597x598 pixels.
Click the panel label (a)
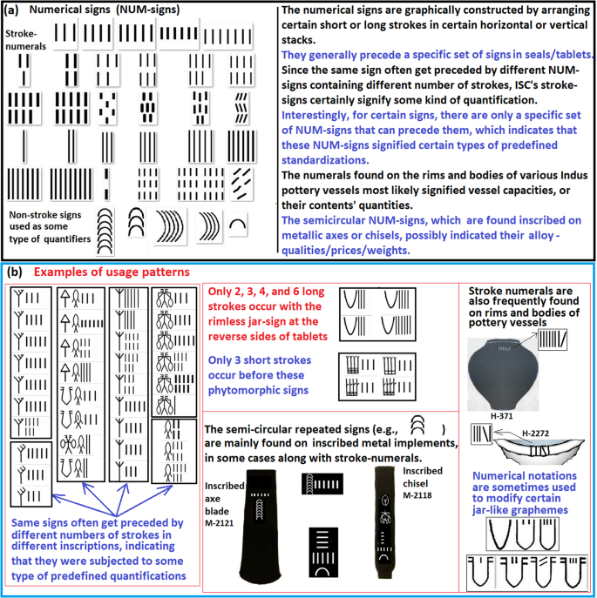tap(10, 10)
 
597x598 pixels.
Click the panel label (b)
tap(15, 272)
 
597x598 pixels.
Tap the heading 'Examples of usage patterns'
tap(112, 272)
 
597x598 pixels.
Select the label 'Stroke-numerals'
tap(25, 40)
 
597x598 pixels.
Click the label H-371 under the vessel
tap(501, 416)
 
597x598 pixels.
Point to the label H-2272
tap(535, 433)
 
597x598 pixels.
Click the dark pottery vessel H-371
tap(503, 374)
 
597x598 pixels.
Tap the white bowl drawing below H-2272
tap(539, 450)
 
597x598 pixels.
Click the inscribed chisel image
tap(383, 522)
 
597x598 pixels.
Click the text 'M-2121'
tap(220, 523)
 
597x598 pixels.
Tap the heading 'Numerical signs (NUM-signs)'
tap(105, 10)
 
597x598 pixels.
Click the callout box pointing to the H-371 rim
tap(553, 339)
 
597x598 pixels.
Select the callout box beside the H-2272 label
tap(481, 433)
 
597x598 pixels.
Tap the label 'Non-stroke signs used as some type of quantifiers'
tap(50, 227)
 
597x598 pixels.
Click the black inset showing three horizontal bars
tap(323, 552)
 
